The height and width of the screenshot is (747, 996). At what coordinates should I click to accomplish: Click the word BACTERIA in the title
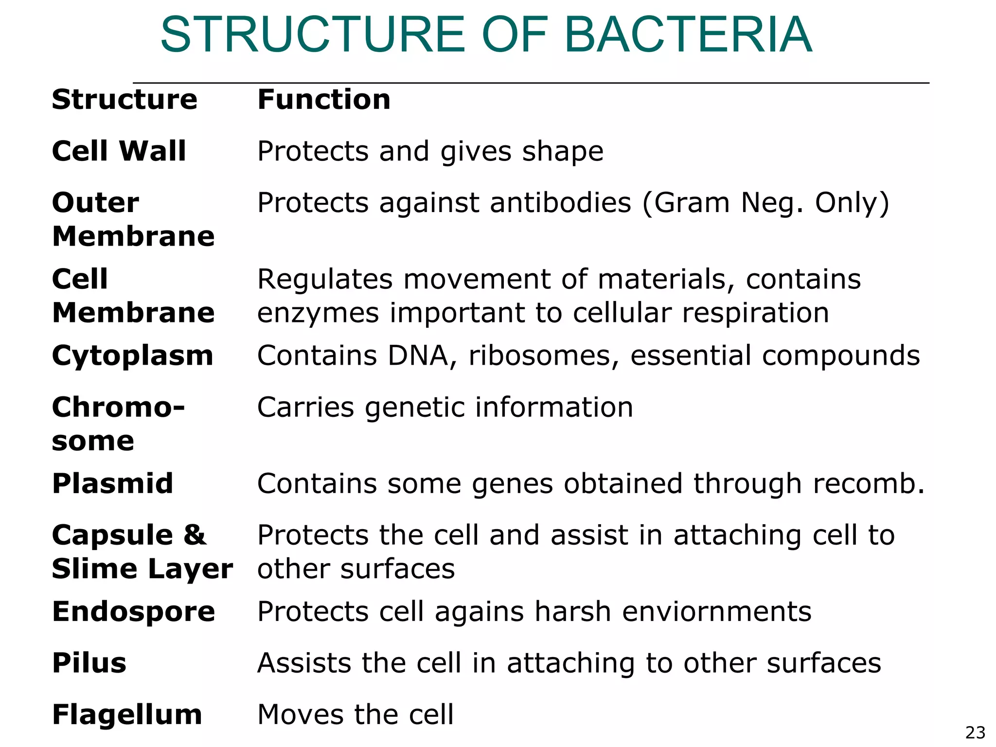(x=688, y=35)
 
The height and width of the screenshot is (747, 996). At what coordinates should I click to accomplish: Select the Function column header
(x=324, y=100)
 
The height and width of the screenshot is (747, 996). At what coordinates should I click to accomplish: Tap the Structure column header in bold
(x=124, y=100)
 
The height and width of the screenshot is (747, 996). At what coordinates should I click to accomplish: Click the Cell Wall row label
(x=119, y=151)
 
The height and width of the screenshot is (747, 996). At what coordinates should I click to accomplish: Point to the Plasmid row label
(x=113, y=483)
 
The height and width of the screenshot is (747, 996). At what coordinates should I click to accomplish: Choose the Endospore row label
(x=134, y=611)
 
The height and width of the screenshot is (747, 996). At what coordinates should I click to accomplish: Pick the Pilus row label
(x=89, y=663)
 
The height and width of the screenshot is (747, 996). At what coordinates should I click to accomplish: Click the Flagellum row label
(x=127, y=714)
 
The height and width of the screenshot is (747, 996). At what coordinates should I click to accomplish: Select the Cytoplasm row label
(x=133, y=356)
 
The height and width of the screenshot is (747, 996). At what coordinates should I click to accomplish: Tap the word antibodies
(x=560, y=203)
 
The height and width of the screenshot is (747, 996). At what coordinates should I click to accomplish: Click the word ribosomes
(x=539, y=356)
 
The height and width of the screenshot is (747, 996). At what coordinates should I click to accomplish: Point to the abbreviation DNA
(x=418, y=356)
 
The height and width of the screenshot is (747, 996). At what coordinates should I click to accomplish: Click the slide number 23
(x=975, y=732)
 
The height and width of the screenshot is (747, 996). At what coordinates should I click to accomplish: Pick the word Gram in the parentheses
(x=692, y=203)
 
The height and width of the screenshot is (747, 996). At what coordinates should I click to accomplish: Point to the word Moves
(x=302, y=714)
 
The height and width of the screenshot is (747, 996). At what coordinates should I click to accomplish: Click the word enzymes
(x=318, y=313)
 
